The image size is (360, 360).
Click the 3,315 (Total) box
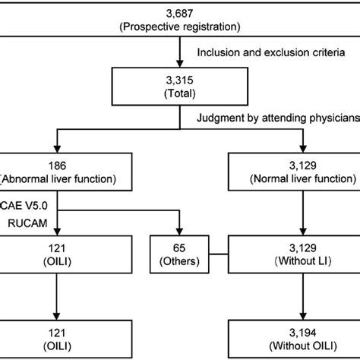[x=179, y=87]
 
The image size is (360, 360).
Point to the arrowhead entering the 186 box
[x=51, y=150]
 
